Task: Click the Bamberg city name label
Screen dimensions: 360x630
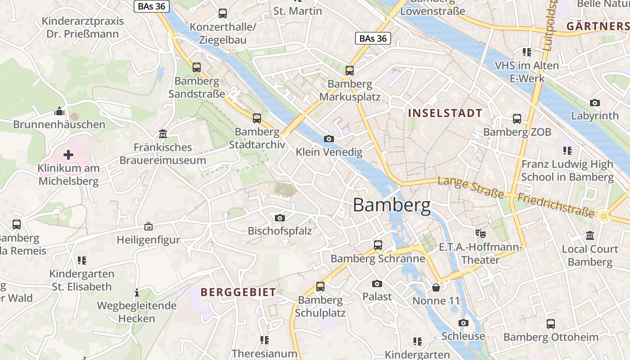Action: [x=391, y=205]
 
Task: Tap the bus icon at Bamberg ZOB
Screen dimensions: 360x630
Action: [x=517, y=119]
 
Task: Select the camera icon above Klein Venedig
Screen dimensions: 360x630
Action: [x=329, y=139]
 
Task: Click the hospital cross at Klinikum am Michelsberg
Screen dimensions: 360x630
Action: [x=68, y=155]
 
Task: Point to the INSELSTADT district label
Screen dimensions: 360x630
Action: [x=445, y=113]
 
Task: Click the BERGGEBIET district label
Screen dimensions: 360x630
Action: [x=238, y=292]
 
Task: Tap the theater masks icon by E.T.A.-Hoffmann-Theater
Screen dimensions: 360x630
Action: [x=481, y=233]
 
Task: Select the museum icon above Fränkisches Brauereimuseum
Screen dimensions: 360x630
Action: [x=162, y=134]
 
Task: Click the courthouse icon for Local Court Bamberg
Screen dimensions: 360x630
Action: [x=590, y=235]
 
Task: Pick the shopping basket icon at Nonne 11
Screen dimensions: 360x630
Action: [x=436, y=287]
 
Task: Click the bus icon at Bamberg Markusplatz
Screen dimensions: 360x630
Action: [x=350, y=70]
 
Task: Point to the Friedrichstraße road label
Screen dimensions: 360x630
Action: [x=556, y=205]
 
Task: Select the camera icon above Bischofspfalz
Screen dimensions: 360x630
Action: [x=279, y=218]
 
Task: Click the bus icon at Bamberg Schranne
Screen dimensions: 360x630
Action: [x=378, y=245]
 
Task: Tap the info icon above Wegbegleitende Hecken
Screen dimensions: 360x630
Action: [x=137, y=293]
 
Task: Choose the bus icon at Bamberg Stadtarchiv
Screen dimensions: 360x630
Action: [x=257, y=118]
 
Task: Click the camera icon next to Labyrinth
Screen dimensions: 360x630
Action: [x=595, y=103]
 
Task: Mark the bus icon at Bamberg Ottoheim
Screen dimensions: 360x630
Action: [x=551, y=324]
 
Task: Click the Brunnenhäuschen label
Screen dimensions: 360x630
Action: [x=59, y=125]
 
